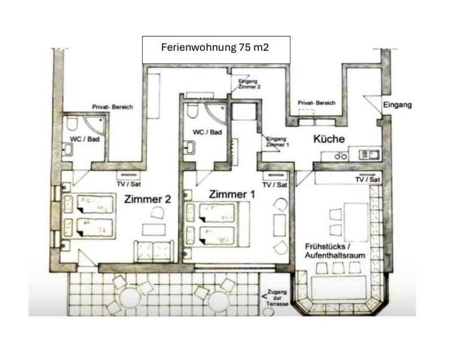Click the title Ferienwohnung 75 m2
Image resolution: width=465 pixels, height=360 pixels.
coord(215,47)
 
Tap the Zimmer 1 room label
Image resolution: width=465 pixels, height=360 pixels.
coord(232,194)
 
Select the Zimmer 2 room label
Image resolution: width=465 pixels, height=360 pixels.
coord(147,199)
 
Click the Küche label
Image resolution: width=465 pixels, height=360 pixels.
coord(329,139)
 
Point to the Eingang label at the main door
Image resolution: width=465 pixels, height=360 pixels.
coord(398,105)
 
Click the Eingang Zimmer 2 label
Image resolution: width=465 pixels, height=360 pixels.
coord(249,84)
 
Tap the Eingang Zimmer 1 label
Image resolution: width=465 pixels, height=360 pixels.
coord(277,142)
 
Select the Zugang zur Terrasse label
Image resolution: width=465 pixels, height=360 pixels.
coord(277,298)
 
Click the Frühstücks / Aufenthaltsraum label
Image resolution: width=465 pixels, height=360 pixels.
coord(335,251)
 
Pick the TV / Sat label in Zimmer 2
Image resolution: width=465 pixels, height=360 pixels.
coord(129,184)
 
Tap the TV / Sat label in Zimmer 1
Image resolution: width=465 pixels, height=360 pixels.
coord(275,185)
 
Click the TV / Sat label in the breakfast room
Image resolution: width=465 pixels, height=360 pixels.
coord(367,180)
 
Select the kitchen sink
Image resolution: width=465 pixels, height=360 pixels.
coord(369,155)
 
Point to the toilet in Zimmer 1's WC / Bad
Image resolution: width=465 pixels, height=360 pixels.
coord(192,110)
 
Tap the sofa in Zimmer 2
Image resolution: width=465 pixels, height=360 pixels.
coord(154,251)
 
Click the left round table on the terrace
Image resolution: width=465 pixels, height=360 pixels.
coord(130,298)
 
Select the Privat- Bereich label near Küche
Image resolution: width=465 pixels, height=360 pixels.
coord(316,103)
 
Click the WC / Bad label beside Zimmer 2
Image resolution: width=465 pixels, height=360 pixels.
coord(85,139)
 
